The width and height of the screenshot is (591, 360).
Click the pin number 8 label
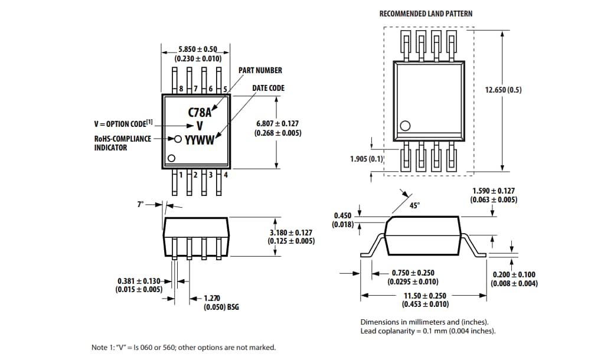[181, 89]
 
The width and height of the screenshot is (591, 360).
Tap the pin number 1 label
[181, 175]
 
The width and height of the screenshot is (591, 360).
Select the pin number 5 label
[225, 89]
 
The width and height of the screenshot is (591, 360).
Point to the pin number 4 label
[226, 175]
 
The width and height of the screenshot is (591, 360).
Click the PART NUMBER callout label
[260, 70]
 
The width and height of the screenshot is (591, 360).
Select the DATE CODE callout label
[268, 88]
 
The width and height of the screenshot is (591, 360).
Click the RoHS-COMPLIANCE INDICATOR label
[122, 143]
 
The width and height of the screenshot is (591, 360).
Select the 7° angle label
[140, 204]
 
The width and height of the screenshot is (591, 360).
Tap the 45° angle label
[414, 205]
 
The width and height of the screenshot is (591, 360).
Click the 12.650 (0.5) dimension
[503, 90]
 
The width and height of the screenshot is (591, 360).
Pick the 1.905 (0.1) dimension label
[367, 159]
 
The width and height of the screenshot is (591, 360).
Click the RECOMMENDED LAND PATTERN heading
[425, 14]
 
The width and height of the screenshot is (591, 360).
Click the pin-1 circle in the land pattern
[405, 126]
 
